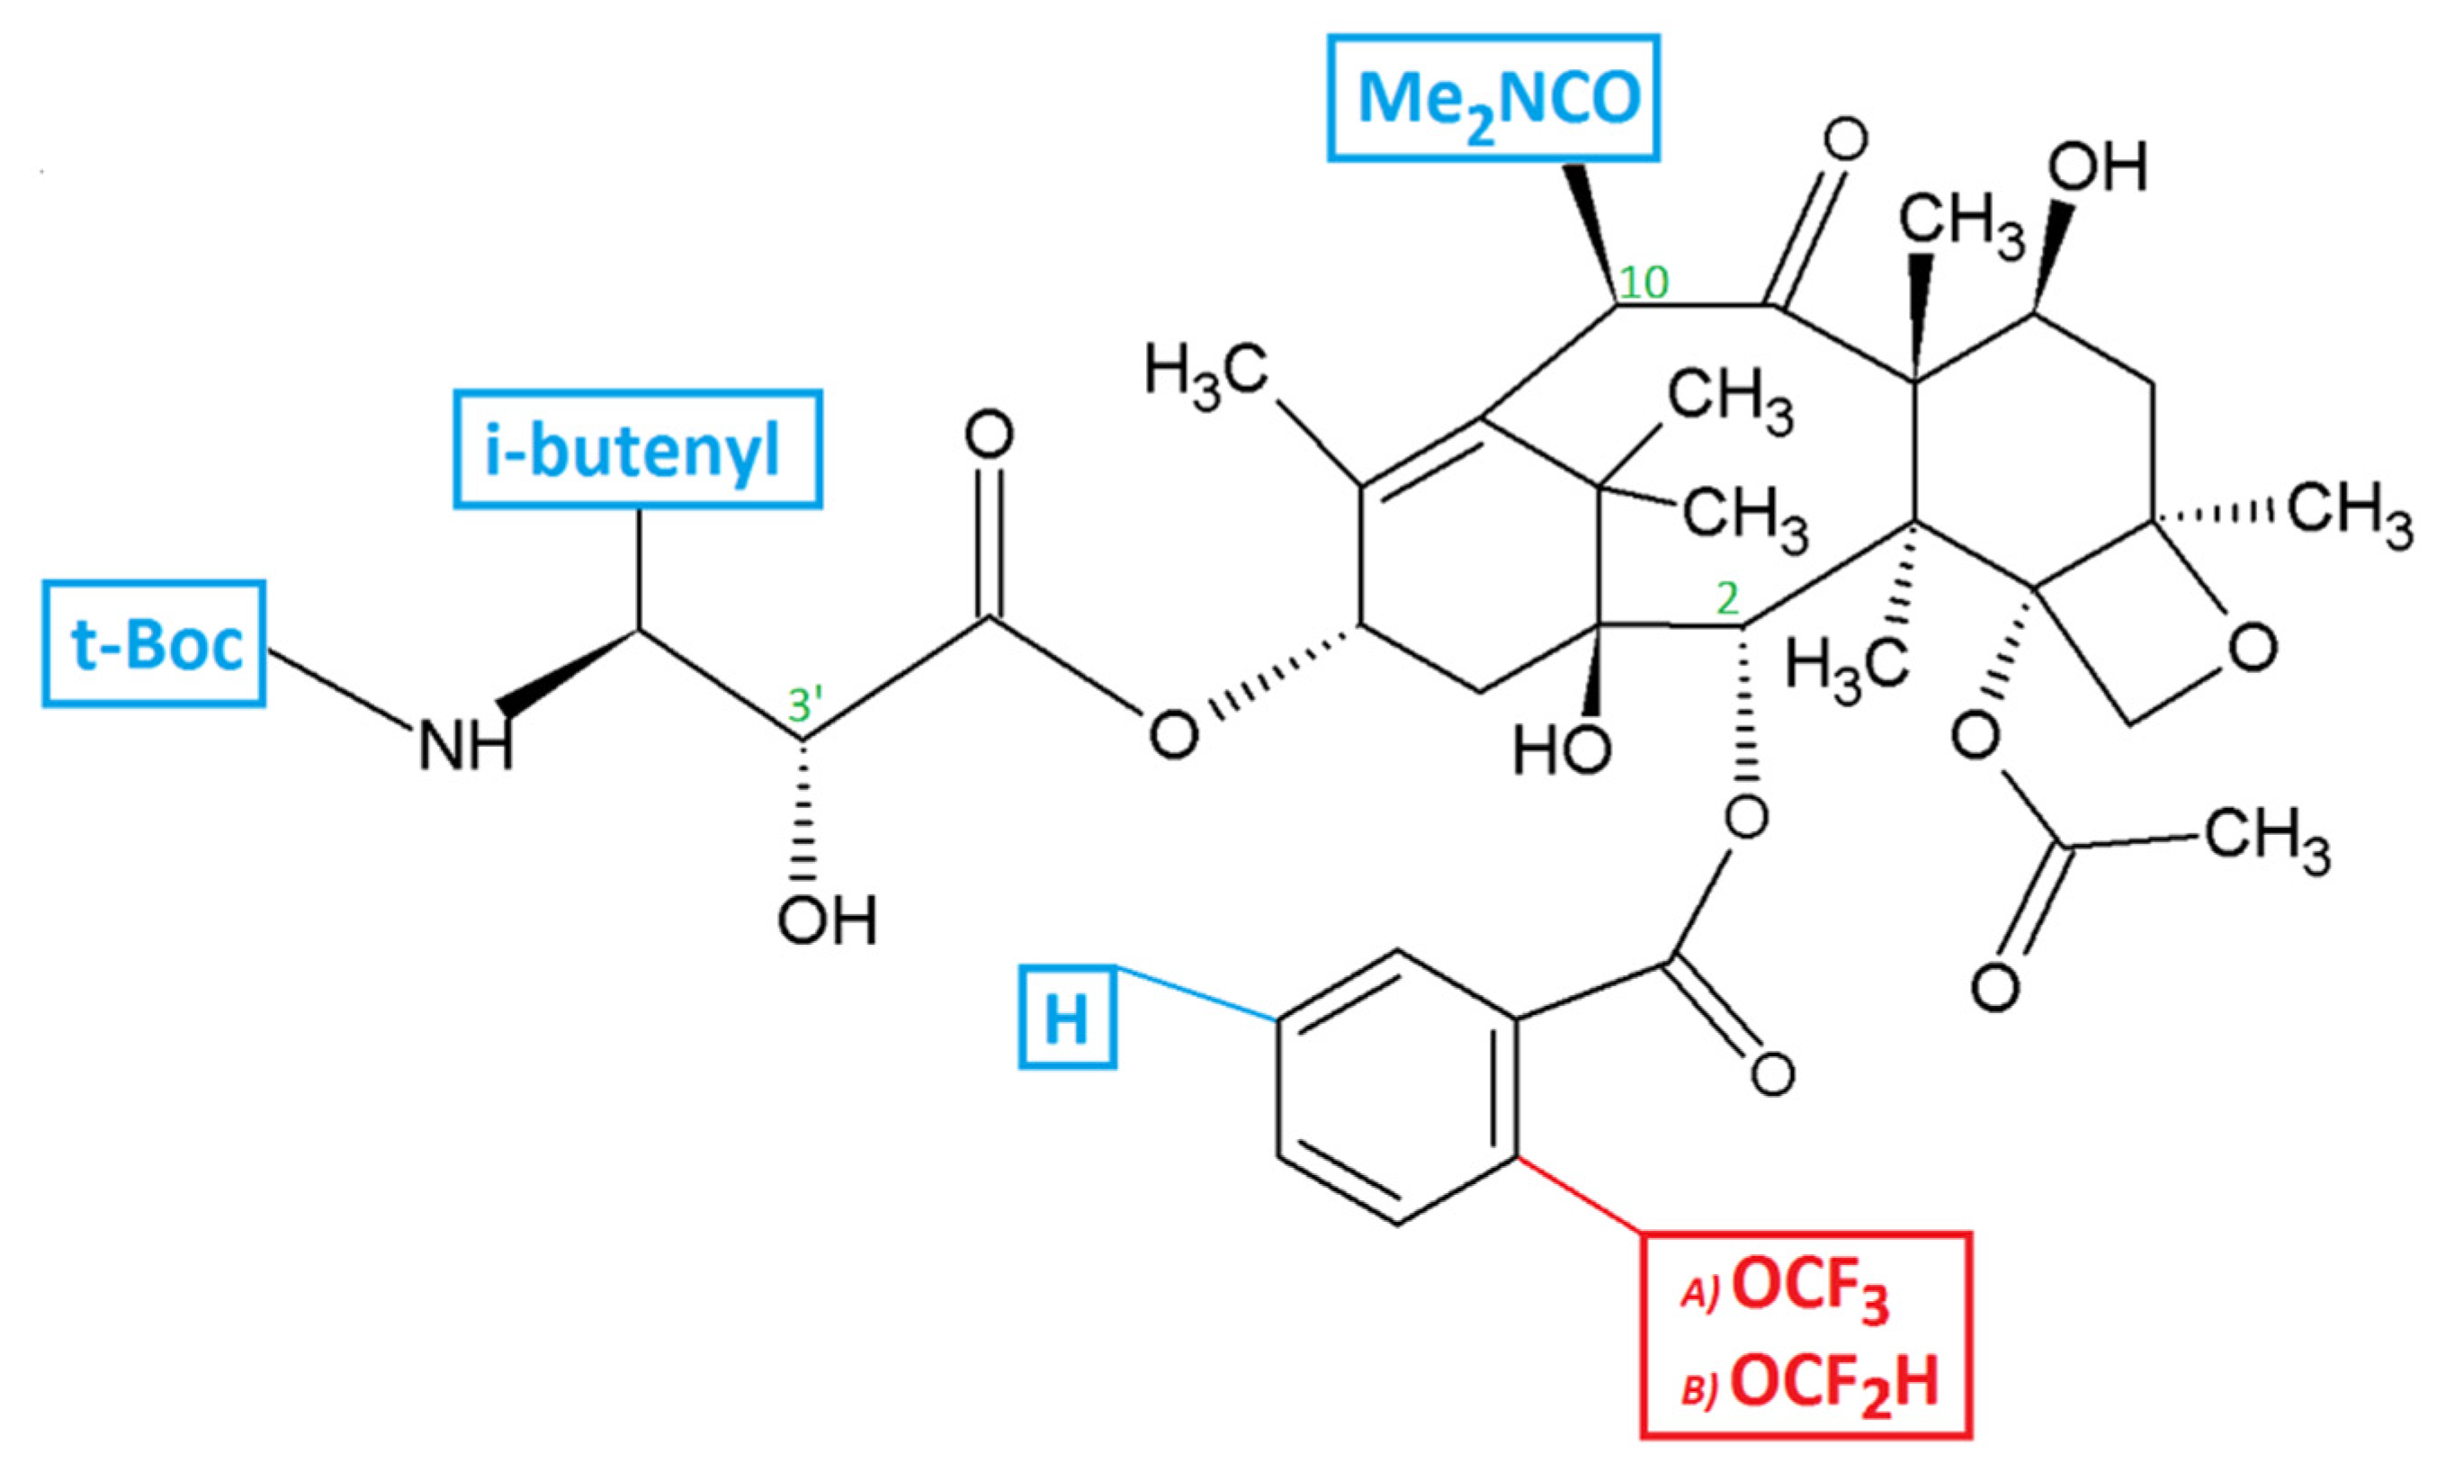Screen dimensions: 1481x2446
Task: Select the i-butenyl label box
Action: coord(637,450)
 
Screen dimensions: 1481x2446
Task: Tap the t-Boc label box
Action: coord(154,644)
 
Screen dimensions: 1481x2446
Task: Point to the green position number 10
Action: coord(1643,284)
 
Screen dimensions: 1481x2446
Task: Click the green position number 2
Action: coord(1727,600)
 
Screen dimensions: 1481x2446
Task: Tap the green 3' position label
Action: coord(805,705)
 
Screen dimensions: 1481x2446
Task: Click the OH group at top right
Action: coord(2097,167)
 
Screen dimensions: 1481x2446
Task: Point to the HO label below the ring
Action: coord(1562,749)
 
